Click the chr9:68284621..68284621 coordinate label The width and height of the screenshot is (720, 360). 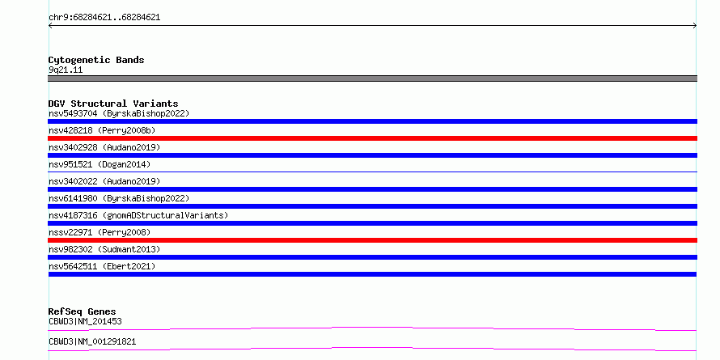[104, 18]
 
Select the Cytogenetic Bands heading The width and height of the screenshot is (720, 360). [96, 60]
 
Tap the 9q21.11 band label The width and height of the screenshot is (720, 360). [66, 70]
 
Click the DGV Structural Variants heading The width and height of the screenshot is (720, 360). [113, 104]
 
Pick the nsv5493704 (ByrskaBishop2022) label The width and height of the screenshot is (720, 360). [119, 113]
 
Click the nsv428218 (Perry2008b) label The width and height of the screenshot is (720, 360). [102, 130]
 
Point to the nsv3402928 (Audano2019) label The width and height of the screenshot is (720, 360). [104, 147]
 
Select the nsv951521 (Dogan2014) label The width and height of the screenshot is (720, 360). [100, 164]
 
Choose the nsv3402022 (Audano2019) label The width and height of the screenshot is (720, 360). [104, 181]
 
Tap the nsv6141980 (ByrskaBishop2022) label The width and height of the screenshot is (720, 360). [119, 198]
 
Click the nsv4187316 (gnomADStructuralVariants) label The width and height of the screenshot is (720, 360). [138, 215]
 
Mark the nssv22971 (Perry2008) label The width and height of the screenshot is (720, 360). [100, 232]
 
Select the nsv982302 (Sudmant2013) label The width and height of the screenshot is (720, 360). [104, 249]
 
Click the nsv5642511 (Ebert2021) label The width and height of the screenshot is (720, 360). [102, 266]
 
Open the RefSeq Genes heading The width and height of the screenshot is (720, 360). [82, 311]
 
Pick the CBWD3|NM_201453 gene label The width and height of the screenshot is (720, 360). [85, 321]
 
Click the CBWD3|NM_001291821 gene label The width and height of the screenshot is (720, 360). [92, 341]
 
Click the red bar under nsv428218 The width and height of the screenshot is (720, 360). [372, 138]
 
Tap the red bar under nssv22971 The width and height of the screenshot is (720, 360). [372, 240]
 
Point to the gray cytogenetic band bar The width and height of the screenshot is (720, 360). [372, 78]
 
